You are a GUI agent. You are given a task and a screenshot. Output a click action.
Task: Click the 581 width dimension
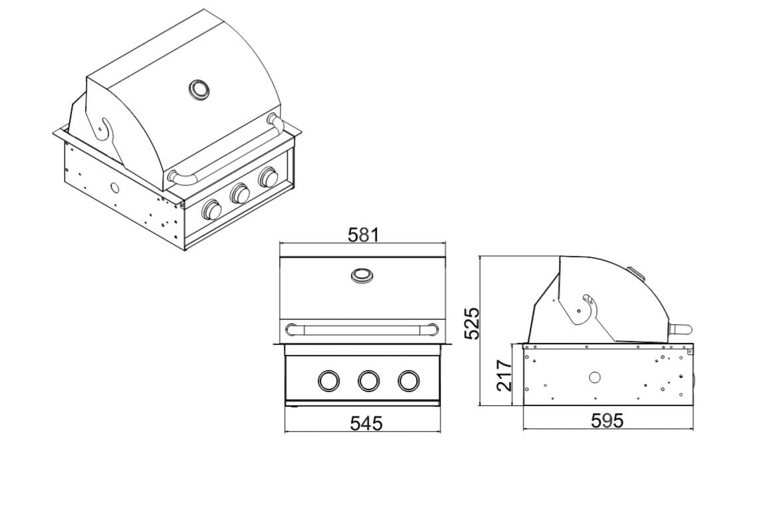pyautogui.click(x=364, y=235)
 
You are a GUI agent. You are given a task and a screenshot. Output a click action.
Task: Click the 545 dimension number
pyautogui.click(x=366, y=423)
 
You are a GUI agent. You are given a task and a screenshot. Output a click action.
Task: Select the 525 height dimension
pyautogui.click(x=472, y=324)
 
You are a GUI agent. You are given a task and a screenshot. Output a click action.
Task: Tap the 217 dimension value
pyautogui.click(x=504, y=375)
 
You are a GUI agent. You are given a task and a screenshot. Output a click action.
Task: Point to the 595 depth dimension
pyautogui.click(x=607, y=420)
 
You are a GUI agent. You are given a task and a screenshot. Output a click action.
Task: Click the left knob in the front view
pyautogui.click(x=328, y=381)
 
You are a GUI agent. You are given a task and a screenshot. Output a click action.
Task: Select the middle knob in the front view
pyautogui.click(x=368, y=381)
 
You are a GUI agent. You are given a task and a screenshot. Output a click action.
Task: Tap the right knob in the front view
pyautogui.click(x=409, y=381)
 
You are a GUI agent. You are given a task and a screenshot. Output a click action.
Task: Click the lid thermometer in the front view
pyautogui.click(x=362, y=275)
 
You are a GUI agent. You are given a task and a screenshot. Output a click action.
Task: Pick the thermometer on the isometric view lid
pyautogui.click(x=199, y=90)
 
